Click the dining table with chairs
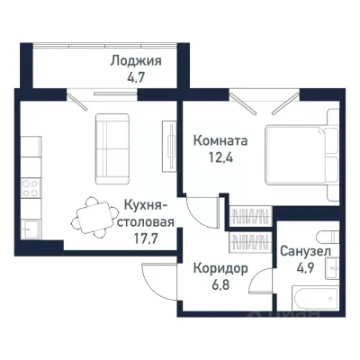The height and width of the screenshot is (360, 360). pyautogui.click(x=92, y=215)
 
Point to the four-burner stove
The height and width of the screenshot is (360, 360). pyautogui.click(x=28, y=190)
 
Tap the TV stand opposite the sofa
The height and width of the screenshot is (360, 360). pyautogui.click(x=168, y=138)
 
